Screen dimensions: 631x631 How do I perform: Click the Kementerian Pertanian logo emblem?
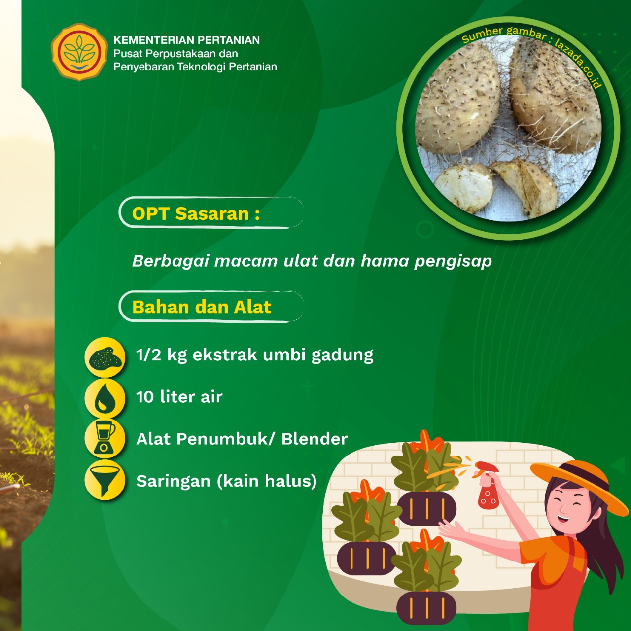click(79, 52)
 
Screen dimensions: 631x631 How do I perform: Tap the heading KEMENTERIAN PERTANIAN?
click(187, 40)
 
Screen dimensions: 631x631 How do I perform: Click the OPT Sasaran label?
click(196, 213)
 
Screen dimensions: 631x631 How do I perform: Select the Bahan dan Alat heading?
click(202, 307)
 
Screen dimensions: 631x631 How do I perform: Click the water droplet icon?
click(105, 398)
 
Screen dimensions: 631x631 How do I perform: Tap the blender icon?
click(105, 439)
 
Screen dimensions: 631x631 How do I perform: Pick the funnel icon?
click(105, 480)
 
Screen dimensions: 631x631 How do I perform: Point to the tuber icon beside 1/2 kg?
click(105, 357)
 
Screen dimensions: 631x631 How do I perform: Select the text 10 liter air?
click(179, 397)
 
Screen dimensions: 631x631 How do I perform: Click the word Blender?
click(315, 439)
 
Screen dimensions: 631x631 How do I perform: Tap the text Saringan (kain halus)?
click(226, 481)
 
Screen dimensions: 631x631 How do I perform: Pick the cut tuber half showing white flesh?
click(463, 188)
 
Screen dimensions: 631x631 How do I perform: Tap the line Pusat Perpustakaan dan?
click(175, 53)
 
